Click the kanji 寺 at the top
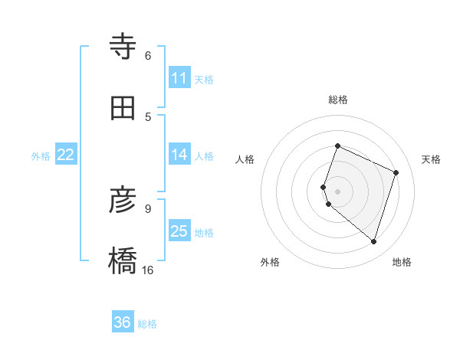[x=123, y=47]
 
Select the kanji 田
[x=123, y=109]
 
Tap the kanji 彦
[x=123, y=201]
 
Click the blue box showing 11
[x=179, y=78]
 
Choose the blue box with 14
[x=179, y=155]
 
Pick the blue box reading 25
[x=179, y=231]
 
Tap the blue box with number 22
[x=66, y=155]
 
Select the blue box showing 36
[x=123, y=322]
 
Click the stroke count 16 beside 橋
[x=148, y=270]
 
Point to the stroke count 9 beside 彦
[x=148, y=208]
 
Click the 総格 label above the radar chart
[x=338, y=100]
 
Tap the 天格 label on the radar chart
[x=431, y=159]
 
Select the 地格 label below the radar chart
[x=402, y=262]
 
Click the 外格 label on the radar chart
[x=270, y=262]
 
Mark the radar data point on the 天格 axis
[x=396, y=172]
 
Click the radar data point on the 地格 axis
[x=373, y=241]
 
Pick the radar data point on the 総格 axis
[x=337, y=146]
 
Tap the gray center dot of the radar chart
[x=337, y=191]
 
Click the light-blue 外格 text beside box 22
[x=41, y=156]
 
